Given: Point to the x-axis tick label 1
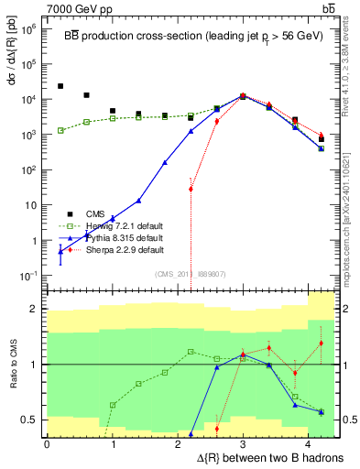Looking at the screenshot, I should [x=113, y=443].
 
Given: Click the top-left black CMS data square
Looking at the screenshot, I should [x=60, y=86].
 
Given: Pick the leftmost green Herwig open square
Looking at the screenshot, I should [x=60, y=130].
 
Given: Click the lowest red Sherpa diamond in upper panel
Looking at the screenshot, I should [x=191, y=189].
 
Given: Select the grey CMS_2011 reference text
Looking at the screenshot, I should [x=190, y=271].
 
